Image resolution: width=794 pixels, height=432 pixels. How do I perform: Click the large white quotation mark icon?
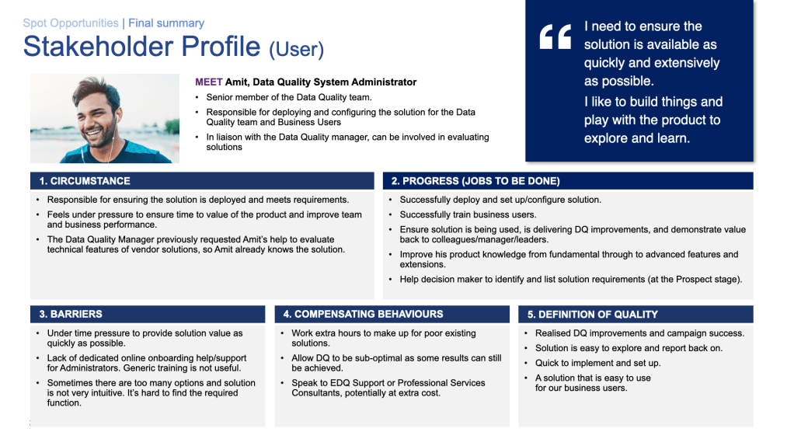tap(555, 37)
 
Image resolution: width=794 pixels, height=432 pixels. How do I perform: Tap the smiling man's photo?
tap(105, 118)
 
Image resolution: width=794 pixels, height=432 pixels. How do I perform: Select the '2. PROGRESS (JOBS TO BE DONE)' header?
tap(475, 181)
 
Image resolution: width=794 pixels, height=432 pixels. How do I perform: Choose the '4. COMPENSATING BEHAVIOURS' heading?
tap(363, 314)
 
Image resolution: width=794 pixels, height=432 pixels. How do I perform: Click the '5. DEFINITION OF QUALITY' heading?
tap(593, 314)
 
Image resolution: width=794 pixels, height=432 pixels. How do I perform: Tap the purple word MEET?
tap(208, 82)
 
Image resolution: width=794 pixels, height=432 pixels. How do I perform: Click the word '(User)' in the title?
tap(296, 50)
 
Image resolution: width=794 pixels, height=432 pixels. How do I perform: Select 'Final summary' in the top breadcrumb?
tap(166, 23)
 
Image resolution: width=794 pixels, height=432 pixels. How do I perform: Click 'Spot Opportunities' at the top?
tap(71, 23)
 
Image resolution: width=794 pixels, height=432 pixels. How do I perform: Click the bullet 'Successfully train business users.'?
tap(468, 214)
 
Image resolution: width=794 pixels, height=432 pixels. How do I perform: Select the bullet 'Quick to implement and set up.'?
tap(597, 363)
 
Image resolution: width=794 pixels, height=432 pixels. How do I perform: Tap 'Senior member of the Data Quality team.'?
tap(289, 97)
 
